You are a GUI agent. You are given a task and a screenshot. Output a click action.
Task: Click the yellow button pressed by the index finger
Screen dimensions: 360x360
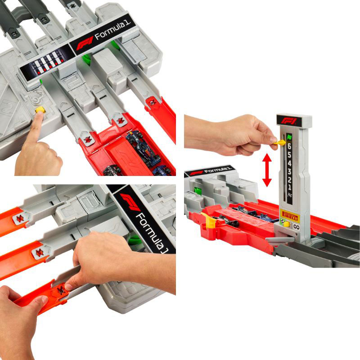tap(40, 110)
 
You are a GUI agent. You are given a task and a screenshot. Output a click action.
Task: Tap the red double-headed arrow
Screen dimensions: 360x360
tap(267, 170)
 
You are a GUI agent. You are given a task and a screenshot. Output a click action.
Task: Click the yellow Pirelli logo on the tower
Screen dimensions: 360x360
tap(289, 216)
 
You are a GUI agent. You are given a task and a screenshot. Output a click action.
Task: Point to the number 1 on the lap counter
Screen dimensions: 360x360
tap(289, 187)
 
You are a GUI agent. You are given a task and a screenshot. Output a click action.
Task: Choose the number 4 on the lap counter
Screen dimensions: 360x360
tap(289, 163)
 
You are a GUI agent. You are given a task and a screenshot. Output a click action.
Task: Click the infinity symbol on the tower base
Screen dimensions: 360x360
tap(296, 227)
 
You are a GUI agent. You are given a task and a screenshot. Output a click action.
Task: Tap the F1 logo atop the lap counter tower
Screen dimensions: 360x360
tap(289, 121)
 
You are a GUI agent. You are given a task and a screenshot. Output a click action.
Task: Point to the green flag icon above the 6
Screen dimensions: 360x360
tap(288, 138)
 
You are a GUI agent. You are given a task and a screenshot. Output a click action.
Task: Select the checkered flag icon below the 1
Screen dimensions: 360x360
tap(290, 195)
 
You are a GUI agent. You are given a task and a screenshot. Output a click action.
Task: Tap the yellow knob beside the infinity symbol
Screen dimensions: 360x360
tap(286, 224)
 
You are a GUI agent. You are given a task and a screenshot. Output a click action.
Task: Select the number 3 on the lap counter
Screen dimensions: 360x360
tap(289, 171)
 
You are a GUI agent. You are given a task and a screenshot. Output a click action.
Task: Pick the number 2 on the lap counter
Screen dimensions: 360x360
tap(289, 180)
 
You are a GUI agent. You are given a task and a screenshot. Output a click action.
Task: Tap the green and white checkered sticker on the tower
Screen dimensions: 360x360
tap(283, 221)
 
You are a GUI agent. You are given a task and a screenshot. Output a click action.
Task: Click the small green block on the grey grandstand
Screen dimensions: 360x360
tap(197, 191)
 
